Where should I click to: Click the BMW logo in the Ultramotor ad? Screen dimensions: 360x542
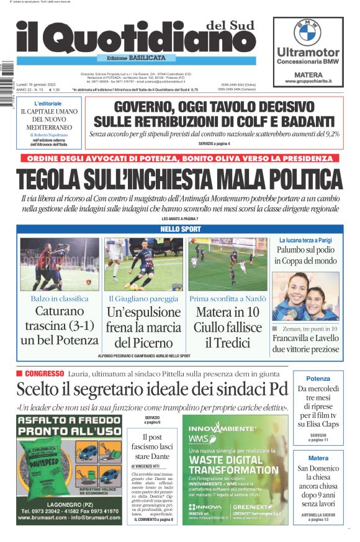pyautogui.click(x=307, y=32)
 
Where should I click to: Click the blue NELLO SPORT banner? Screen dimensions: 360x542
pyautogui.click(x=179, y=229)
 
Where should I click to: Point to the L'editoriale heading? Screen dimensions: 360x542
pyautogui.click(x=48, y=103)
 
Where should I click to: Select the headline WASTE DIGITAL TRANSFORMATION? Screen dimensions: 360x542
pyautogui.click(x=234, y=465)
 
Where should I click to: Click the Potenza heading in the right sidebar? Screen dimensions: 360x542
pyautogui.click(x=318, y=378)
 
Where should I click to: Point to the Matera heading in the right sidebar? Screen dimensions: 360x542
pyautogui.click(x=318, y=458)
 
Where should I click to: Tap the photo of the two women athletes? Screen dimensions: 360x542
pyautogui.click(x=305, y=296)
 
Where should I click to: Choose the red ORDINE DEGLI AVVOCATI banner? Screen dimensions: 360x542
pyautogui.click(x=179, y=158)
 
